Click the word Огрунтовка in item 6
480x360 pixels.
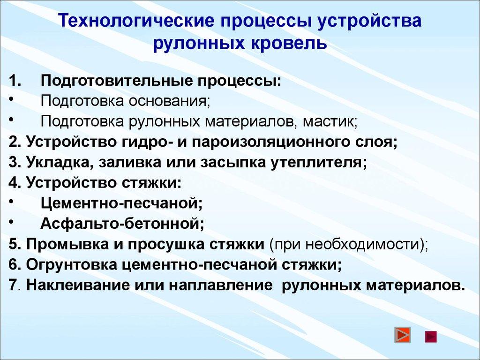pyautogui.click(x=70, y=265)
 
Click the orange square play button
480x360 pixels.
pyautogui.click(x=402, y=336)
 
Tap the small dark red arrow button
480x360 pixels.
pyautogui.click(x=430, y=336)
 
